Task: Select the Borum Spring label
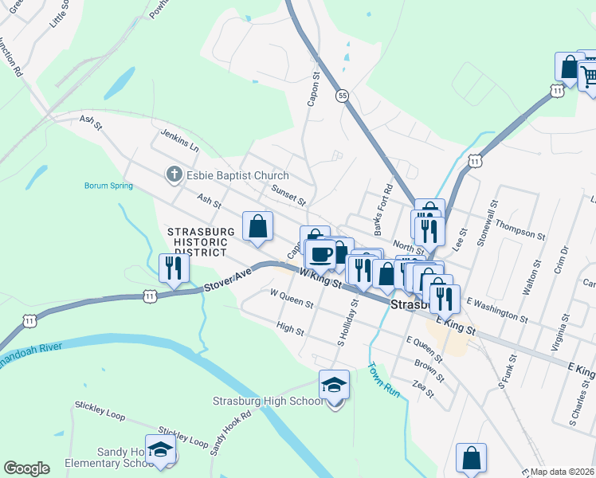click(x=108, y=186)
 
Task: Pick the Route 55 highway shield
click(x=342, y=95)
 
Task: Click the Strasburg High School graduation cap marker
click(x=335, y=386)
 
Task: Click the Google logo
click(x=26, y=468)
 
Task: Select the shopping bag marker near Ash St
click(x=258, y=226)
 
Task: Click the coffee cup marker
click(x=321, y=254)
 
